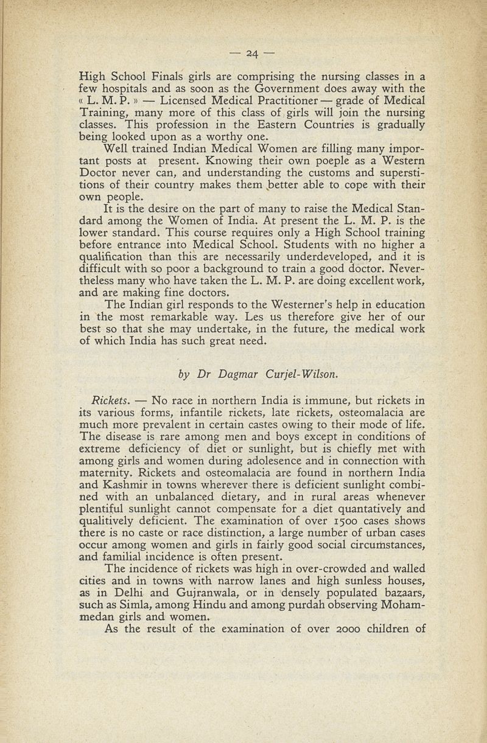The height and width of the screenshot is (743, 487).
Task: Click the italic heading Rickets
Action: pyautogui.click(x=108, y=401)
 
